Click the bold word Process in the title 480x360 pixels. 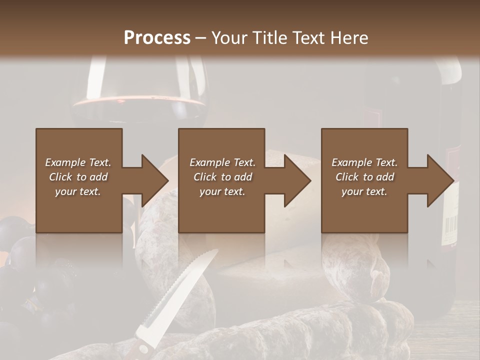click(157, 37)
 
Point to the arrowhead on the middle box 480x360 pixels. click(297, 180)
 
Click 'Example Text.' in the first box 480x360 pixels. click(78, 162)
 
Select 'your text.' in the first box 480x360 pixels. click(78, 191)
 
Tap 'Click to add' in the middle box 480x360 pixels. click(222, 177)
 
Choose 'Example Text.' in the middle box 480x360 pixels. click(222, 162)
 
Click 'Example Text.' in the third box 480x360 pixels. click(364, 162)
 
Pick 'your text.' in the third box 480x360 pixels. click(364, 191)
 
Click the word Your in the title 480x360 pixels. click(229, 37)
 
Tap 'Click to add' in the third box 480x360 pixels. click(364, 177)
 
